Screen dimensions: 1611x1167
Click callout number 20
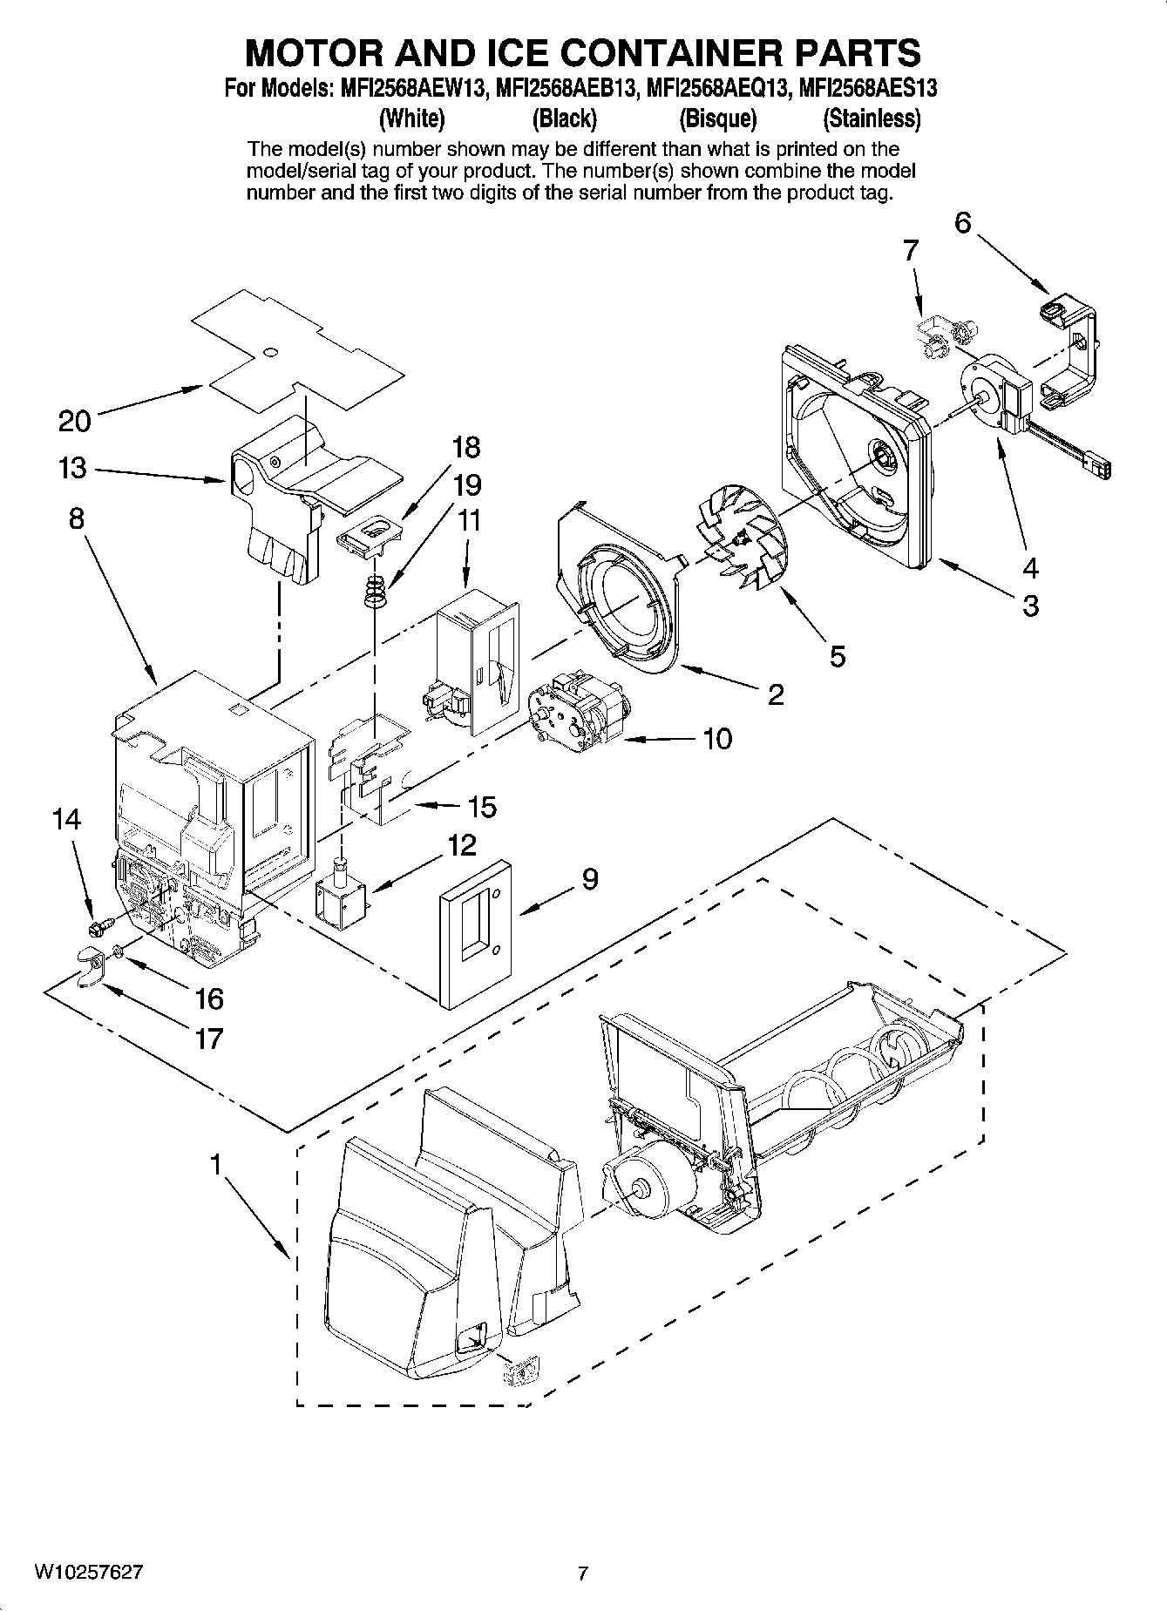point(74,422)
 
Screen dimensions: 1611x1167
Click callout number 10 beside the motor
point(716,739)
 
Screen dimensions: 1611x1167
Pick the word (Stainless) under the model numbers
point(872,118)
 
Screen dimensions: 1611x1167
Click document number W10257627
point(89,1572)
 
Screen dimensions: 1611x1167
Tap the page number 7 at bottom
point(583,1573)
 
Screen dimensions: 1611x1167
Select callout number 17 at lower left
point(209,1038)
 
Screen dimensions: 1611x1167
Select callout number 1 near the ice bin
point(214,1165)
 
